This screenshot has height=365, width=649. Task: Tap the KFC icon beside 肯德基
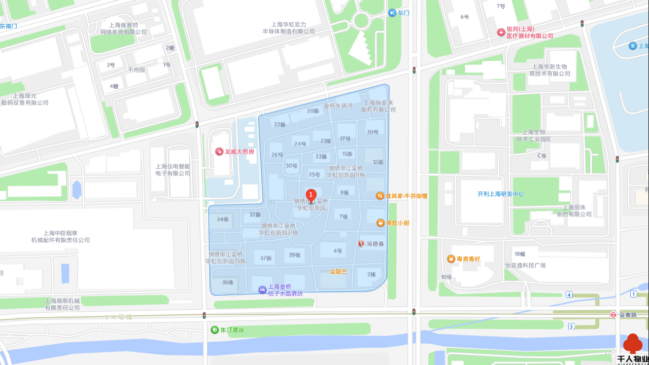[x=361, y=244]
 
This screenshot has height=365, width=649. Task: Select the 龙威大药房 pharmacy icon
[x=219, y=151]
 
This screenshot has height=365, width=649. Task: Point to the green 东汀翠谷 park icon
[x=215, y=329]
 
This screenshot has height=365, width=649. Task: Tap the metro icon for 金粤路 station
[x=613, y=315]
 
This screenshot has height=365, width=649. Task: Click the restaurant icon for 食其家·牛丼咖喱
[x=380, y=196]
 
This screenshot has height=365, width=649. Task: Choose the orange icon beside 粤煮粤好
[x=451, y=258]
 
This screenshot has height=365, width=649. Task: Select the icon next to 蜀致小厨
[x=380, y=223]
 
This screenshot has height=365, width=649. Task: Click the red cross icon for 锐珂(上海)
[x=501, y=32]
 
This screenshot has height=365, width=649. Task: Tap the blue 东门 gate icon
[x=392, y=13]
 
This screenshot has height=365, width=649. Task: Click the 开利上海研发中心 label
[x=500, y=194]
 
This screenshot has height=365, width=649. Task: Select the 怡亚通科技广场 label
[x=525, y=265]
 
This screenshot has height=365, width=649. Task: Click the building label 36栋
[x=228, y=283]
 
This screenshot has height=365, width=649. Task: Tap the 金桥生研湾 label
[x=338, y=106]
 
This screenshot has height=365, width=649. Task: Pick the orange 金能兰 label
[x=339, y=271]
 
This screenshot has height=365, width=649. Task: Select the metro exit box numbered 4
[x=569, y=294]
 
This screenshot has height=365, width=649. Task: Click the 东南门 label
[x=8, y=26]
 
